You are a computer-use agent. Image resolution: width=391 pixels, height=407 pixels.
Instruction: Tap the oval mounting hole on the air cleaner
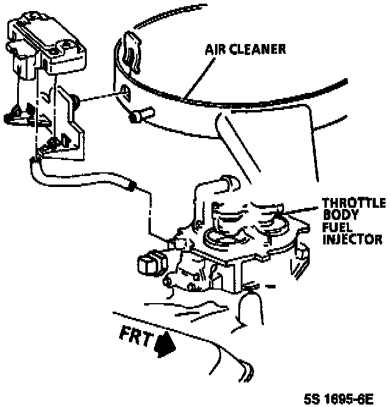click(124, 92)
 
